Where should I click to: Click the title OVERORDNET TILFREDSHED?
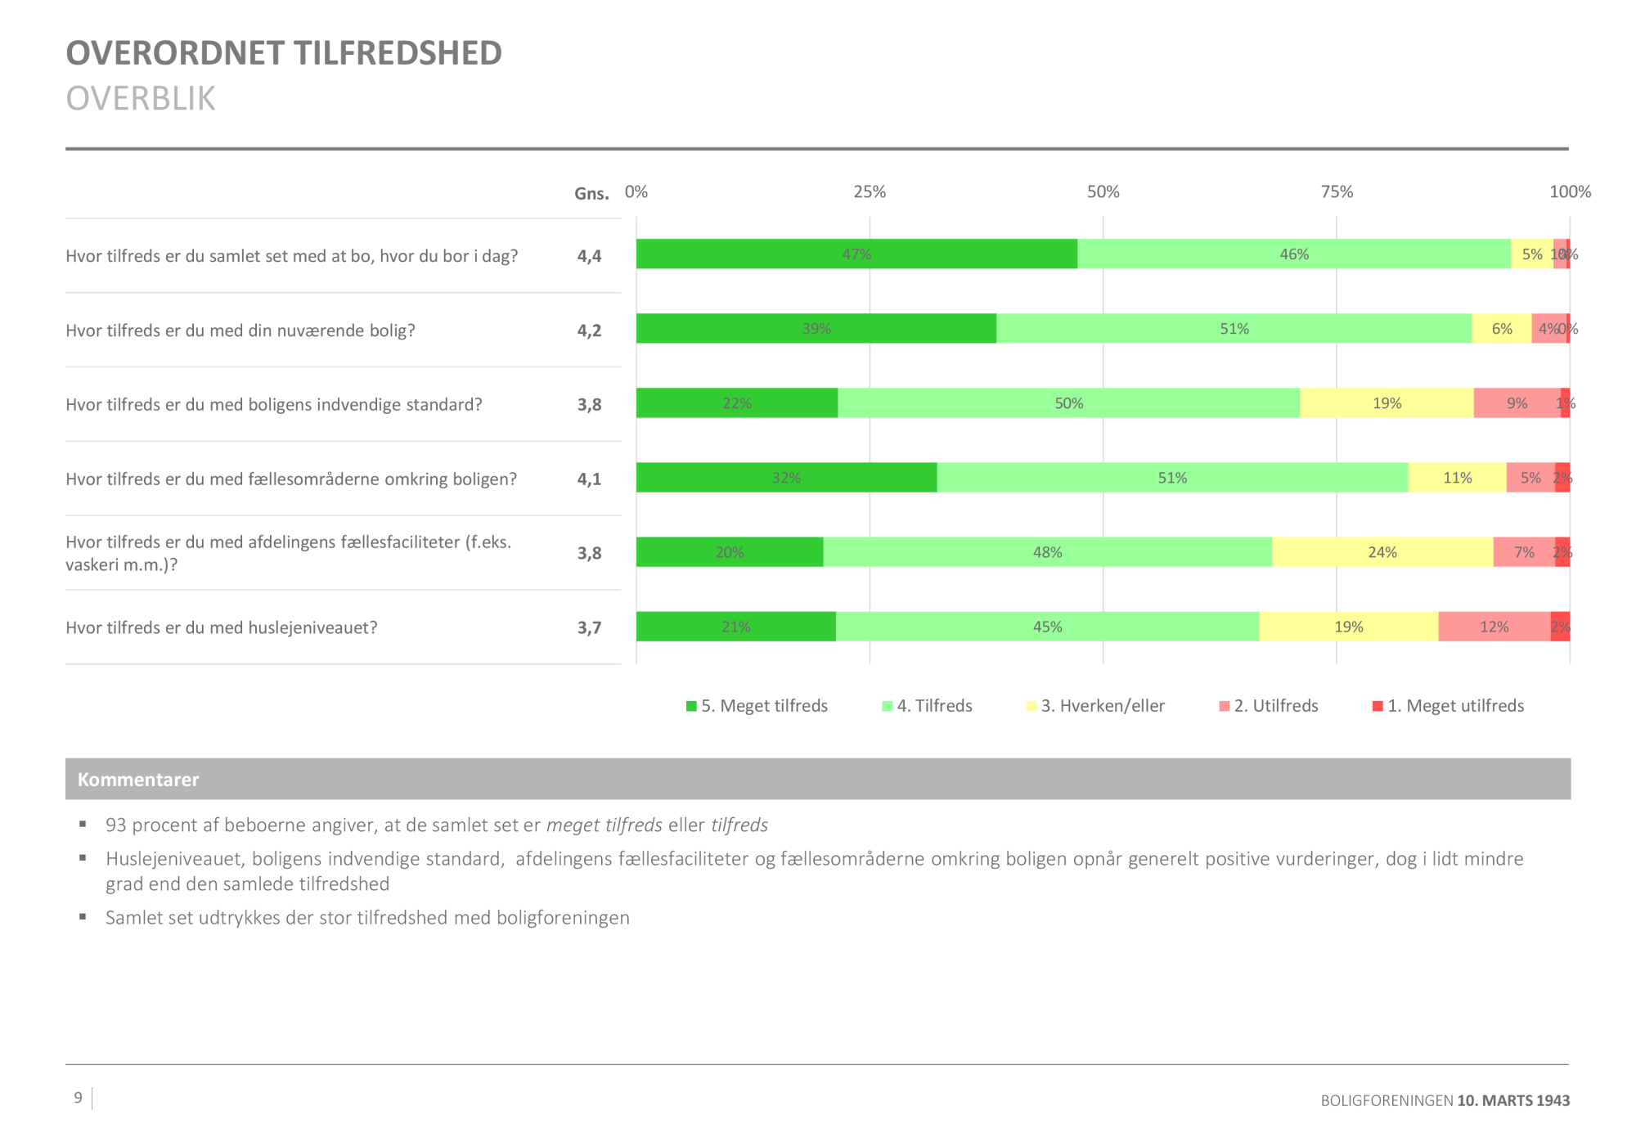(284, 53)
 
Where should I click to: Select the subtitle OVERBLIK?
(141, 98)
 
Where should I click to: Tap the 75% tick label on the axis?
(1337, 191)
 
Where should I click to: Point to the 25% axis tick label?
(870, 191)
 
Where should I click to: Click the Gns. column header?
(591, 194)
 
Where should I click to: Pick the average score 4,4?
(589, 256)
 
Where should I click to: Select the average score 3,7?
(589, 627)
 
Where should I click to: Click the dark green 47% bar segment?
(856, 254)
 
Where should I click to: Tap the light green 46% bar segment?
(1294, 254)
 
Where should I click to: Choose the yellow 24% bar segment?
(1382, 552)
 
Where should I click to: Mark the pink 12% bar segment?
(1494, 627)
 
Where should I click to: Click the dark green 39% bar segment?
(816, 329)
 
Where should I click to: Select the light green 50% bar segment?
(1068, 403)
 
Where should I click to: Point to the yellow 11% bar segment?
(1457, 478)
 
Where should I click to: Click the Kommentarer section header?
(138, 780)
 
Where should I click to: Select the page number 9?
(79, 1098)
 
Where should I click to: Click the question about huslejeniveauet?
(222, 627)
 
